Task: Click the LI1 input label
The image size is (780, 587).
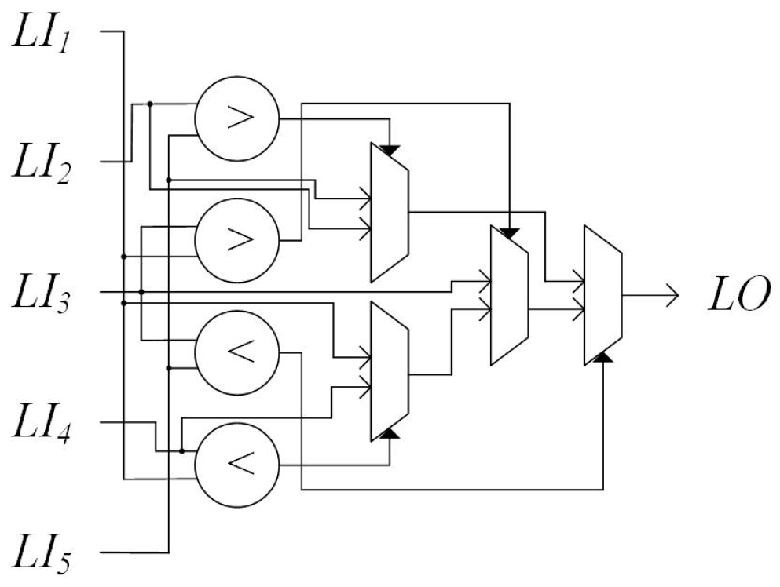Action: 49,35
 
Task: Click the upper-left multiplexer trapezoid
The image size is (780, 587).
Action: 389,212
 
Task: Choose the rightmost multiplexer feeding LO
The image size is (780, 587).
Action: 603,295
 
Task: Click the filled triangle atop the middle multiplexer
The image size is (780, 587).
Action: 510,233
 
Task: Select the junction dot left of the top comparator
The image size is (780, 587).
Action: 150,104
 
